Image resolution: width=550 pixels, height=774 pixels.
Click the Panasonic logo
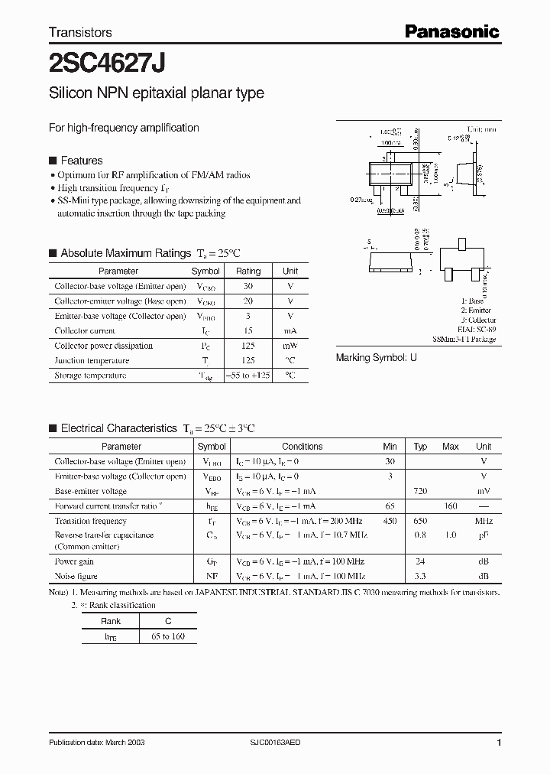click(451, 31)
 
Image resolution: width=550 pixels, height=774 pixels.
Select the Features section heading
click(81, 161)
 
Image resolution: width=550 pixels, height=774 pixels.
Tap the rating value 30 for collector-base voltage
click(247, 286)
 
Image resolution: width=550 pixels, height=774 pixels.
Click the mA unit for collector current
click(290, 330)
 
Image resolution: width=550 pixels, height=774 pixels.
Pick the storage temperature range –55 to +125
click(247, 376)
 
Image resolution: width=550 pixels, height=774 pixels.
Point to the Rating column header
click(247, 271)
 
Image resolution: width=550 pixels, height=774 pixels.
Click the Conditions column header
click(302, 447)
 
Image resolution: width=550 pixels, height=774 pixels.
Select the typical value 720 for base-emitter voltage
click(420, 491)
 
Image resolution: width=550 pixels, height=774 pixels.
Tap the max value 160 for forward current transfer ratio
click(451, 506)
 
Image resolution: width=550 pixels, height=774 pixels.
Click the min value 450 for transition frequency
click(390, 521)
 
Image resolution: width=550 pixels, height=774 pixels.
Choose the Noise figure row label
click(76, 576)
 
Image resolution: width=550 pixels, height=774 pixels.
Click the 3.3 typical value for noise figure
click(420, 576)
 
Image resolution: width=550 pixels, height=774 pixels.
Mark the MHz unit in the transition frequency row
click(483, 521)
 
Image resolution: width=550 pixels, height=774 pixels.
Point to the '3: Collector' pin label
click(478, 320)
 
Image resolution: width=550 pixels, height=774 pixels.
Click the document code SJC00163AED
click(280, 743)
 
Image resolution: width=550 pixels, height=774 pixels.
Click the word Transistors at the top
click(80, 32)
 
